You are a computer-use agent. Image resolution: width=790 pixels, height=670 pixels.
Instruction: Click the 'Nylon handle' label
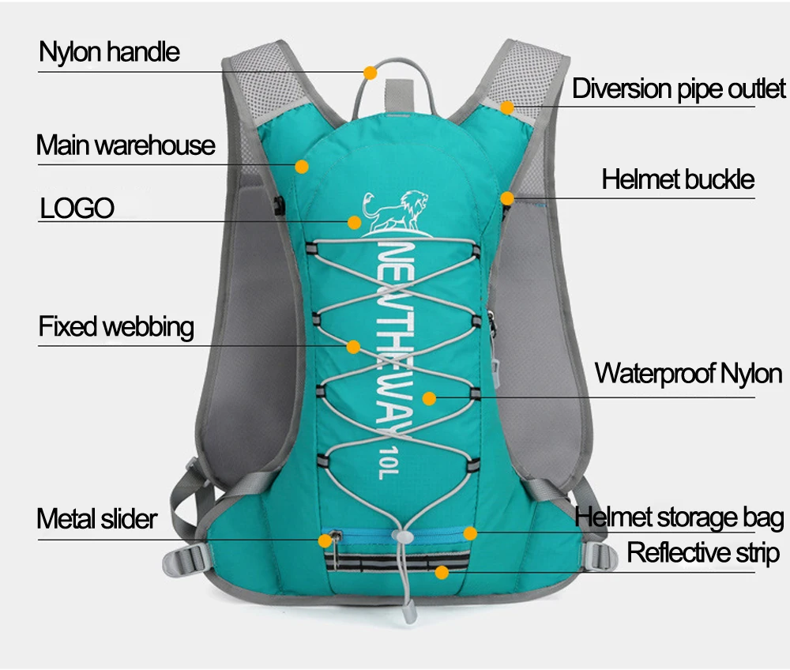(x=110, y=52)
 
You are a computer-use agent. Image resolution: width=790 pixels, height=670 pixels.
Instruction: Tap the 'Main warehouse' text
(x=126, y=145)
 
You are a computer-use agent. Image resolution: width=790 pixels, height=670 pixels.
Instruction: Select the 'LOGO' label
(x=77, y=209)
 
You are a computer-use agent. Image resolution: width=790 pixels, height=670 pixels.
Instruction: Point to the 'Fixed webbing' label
(x=116, y=326)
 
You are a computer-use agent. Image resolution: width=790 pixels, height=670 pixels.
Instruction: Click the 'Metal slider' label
(x=97, y=519)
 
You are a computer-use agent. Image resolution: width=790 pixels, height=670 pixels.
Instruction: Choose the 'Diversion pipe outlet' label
(x=679, y=88)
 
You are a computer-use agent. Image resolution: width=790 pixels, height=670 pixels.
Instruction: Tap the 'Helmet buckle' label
(x=678, y=179)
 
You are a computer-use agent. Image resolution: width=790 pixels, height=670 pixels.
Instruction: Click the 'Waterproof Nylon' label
(x=687, y=372)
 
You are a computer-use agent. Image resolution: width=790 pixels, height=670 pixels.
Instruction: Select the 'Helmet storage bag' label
(x=679, y=518)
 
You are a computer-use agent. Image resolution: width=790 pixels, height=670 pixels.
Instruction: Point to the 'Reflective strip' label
(x=703, y=552)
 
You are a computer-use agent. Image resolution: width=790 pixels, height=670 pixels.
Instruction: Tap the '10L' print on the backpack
(x=380, y=461)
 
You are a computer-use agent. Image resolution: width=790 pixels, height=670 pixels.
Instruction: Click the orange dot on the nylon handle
(x=370, y=73)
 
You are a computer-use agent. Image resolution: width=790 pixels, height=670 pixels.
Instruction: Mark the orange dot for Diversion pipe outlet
(x=507, y=107)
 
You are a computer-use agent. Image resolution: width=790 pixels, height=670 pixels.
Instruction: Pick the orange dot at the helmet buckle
(x=507, y=198)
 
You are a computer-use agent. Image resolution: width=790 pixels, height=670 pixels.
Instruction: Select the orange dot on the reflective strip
(x=442, y=571)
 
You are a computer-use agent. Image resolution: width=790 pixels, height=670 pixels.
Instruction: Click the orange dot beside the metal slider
(x=325, y=540)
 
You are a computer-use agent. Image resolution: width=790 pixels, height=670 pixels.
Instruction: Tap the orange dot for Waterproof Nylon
(x=428, y=398)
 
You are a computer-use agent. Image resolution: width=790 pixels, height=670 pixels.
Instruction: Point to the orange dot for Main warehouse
(x=302, y=167)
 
